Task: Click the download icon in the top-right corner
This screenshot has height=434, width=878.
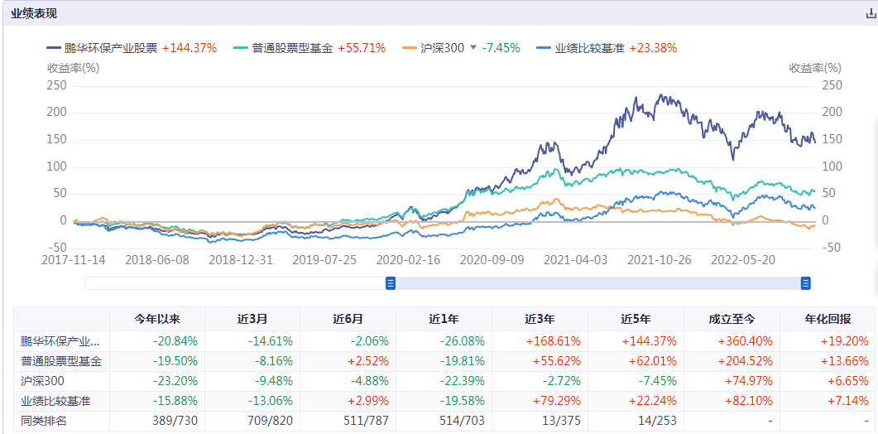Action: (x=869, y=14)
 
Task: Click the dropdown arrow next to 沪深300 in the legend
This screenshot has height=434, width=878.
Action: (x=473, y=48)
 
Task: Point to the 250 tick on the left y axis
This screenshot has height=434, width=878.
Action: (x=56, y=85)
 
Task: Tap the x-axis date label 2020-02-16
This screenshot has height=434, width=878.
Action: (x=408, y=259)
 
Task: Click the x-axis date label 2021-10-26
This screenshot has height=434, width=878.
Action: (x=659, y=259)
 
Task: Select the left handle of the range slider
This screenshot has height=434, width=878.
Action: (x=391, y=283)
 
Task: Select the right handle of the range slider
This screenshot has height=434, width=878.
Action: (x=805, y=283)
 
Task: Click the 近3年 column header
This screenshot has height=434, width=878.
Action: (x=540, y=319)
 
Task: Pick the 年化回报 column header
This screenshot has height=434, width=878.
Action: (x=827, y=319)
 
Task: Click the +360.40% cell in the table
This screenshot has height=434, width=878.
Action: (x=732, y=340)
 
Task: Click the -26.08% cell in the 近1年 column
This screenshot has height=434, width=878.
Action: (x=444, y=340)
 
